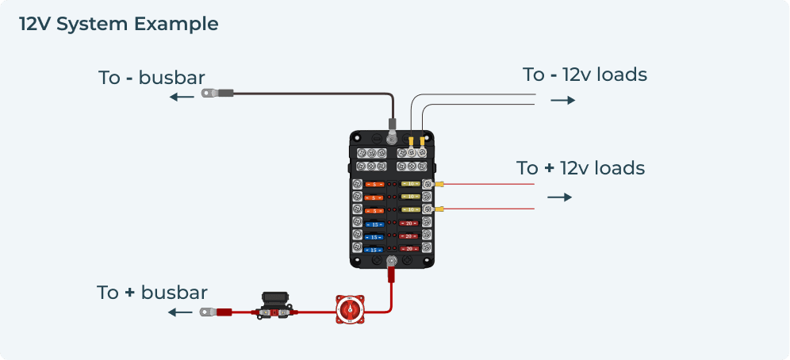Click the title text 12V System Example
119,24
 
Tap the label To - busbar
151,78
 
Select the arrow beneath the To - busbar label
181,98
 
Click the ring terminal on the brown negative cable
210,94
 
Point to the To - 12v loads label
585,75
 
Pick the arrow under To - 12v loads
562,101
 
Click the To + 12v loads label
580,168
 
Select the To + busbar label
152,292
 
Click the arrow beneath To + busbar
181,312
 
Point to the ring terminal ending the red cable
209,312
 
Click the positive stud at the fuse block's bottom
391,262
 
